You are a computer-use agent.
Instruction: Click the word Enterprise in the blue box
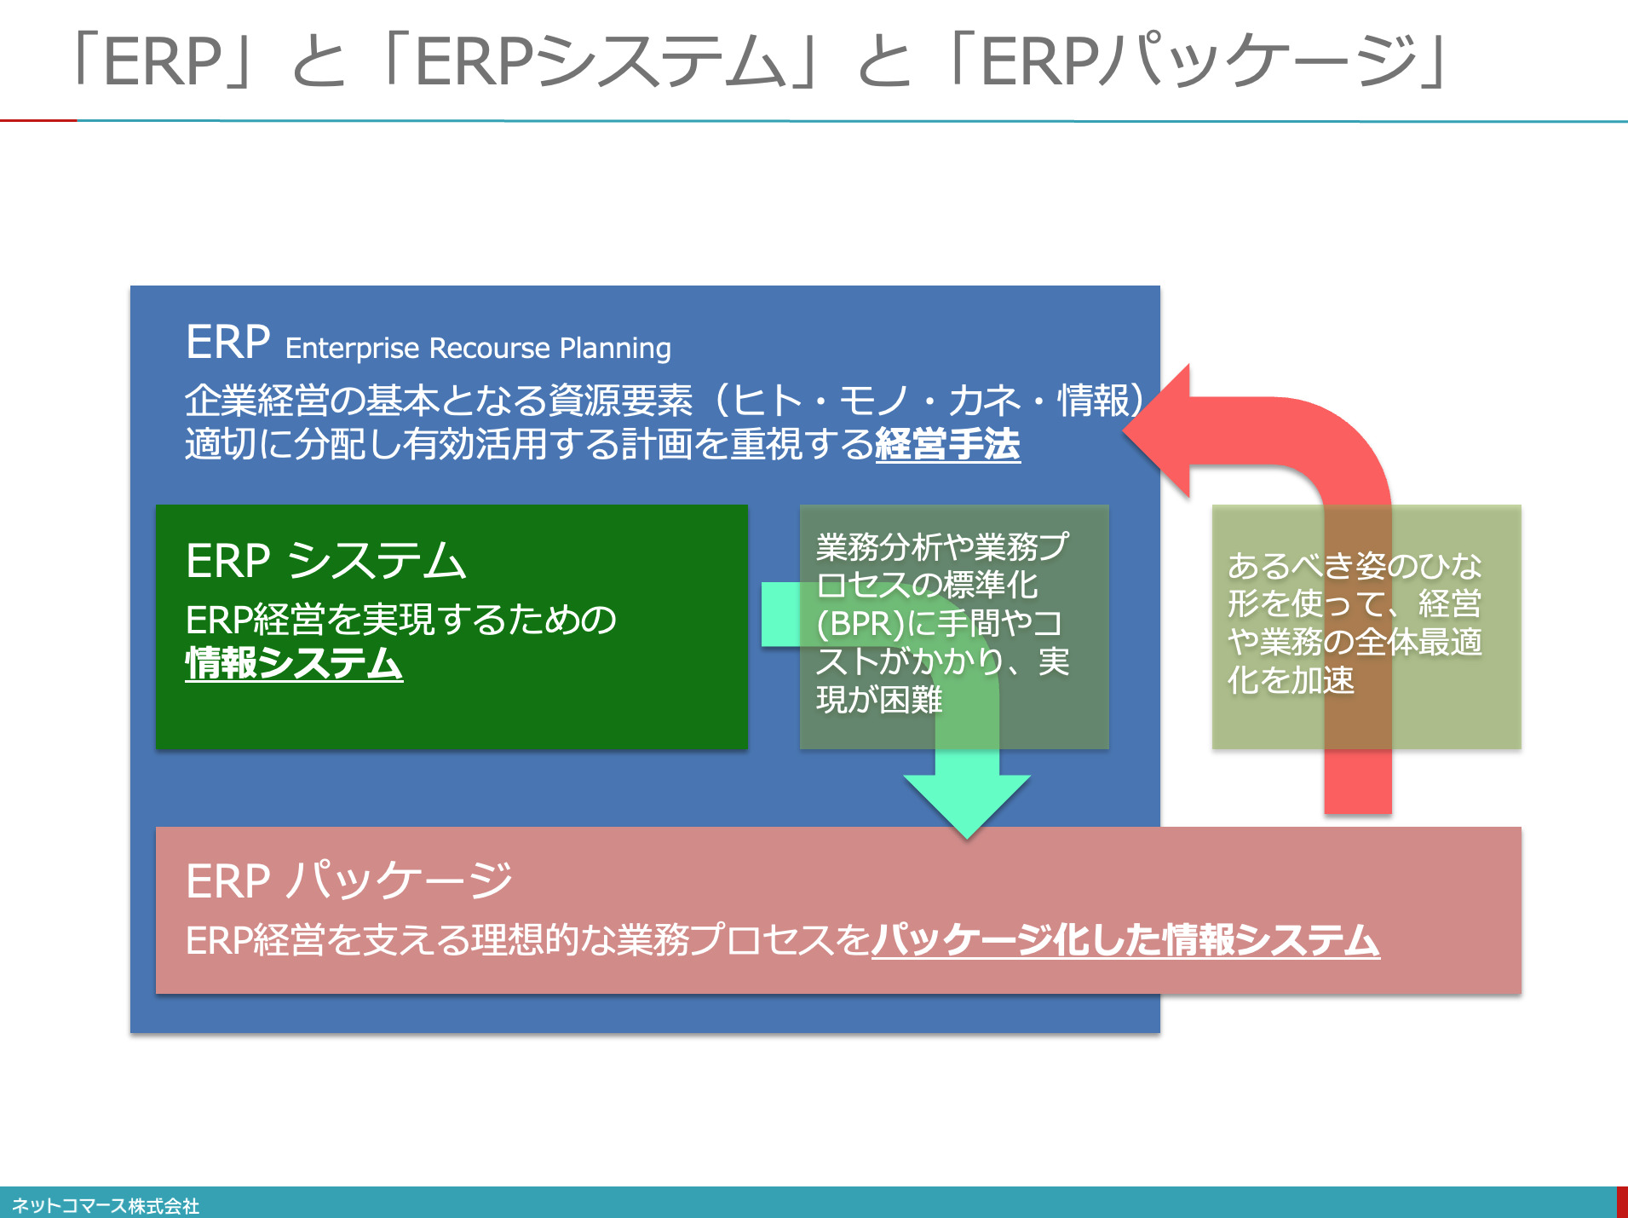(353, 349)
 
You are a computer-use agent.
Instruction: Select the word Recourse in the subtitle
(490, 349)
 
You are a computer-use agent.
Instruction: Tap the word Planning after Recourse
(616, 349)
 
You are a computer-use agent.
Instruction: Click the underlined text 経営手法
(947, 444)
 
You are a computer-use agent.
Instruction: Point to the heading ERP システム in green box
(326, 561)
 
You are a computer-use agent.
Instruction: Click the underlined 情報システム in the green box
(294, 663)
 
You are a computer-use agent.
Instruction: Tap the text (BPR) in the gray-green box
(860, 624)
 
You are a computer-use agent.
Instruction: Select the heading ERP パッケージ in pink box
(349, 880)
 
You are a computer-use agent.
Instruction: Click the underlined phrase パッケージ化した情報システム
(1125, 940)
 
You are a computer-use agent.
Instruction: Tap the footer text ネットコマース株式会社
(106, 1205)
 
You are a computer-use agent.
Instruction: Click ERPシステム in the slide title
(599, 61)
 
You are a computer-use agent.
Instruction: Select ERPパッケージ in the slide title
(1199, 61)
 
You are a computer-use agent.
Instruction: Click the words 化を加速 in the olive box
(1291, 680)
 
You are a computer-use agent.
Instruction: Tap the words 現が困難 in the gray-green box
(879, 700)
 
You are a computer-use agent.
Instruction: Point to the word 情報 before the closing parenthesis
(1094, 400)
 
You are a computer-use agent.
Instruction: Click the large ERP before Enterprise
(228, 342)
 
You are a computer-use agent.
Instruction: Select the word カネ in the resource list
(985, 400)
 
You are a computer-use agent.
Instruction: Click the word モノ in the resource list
(876, 400)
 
